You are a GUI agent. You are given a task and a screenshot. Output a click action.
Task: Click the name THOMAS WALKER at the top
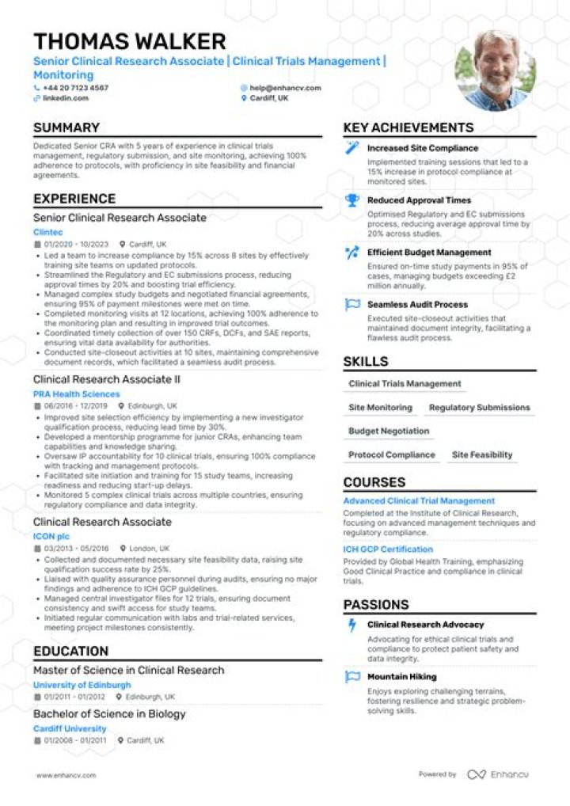[130, 41]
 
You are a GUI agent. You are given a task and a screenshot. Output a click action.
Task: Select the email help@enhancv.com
[285, 88]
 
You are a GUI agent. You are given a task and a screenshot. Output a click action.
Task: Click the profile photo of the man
[496, 70]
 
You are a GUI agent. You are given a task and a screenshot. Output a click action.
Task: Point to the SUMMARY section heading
[66, 128]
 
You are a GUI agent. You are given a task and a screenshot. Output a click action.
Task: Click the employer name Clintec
[47, 232]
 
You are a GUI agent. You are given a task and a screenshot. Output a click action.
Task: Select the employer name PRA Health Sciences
[77, 393]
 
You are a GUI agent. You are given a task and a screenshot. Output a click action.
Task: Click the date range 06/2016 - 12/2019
[76, 405]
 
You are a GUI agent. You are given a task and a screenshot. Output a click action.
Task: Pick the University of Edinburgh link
[82, 685]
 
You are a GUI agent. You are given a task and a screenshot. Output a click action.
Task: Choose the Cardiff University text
[70, 728]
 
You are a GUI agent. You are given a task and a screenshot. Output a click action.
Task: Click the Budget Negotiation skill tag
[389, 432]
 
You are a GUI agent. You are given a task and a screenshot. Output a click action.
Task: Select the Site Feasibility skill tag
[482, 455]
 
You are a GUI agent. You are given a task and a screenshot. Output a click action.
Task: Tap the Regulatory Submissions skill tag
[479, 408]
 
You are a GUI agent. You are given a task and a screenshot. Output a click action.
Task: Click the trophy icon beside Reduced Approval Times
[352, 201]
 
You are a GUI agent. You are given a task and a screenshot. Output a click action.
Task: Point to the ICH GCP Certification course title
[388, 549]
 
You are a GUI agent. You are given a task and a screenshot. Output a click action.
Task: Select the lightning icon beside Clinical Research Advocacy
[352, 625]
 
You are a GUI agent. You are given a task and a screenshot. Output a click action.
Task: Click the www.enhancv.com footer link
[66, 775]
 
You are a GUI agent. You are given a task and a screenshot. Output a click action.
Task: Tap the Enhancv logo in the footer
[498, 774]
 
